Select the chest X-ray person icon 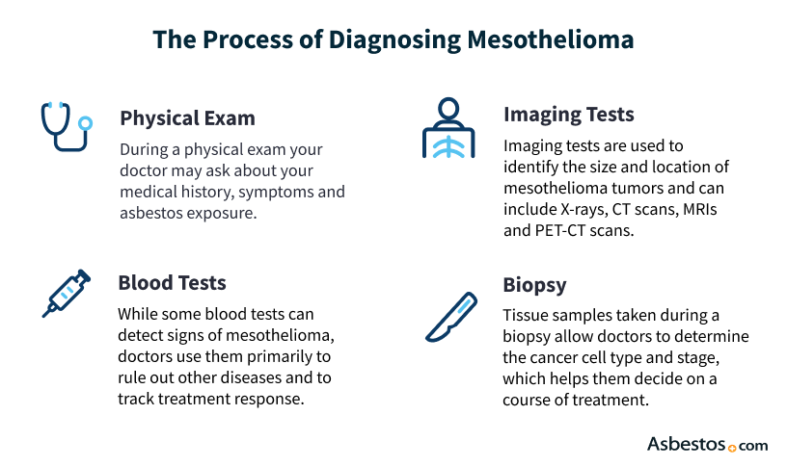coord(448,126)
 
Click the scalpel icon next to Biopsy coord(450,317)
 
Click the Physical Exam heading coord(187,118)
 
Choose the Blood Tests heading coord(172,282)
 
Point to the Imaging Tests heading coord(568,115)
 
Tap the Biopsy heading coord(535,286)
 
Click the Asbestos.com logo coord(706,444)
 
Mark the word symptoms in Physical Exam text coord(276,192)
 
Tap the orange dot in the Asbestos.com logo coord(731,448)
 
